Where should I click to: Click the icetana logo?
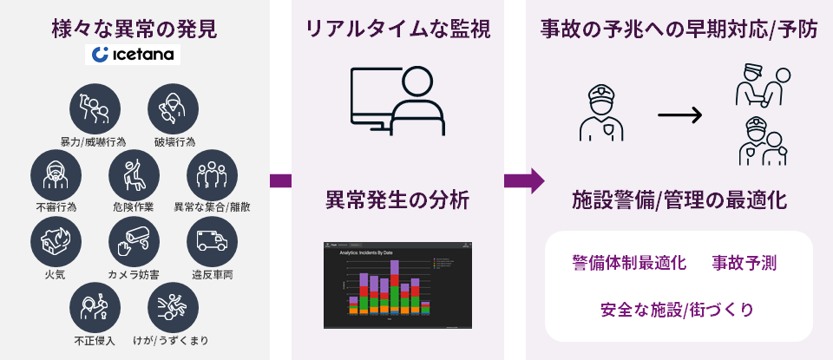[x=134, y=56]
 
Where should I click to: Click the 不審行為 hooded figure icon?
[x=56, y=173]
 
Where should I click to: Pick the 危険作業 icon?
[x=134, y=173]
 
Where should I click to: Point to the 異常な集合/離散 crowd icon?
[x=212, y=173]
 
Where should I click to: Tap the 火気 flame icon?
[x=56, y=240]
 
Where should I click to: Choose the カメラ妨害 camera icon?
[x=134, y=240]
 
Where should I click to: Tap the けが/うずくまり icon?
[x=174, y=307]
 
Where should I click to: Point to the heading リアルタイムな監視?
[x=397, y=29]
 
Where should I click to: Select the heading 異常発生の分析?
[x=397, y=200]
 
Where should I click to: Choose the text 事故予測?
[x=744, y=262]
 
